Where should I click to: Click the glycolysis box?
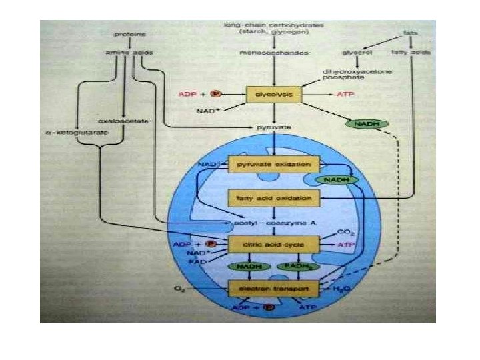pyautogui.click(x=274, y=95)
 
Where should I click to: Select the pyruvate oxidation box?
pyautogui.click(x=274, y=164)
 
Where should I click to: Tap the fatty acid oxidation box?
pyautogui.click(x=274, y=198)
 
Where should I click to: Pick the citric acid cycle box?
pyautogui.click(x=274, y=246)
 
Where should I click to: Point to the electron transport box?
pyautogui.click(x=274, y=288)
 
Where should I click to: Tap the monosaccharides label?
pyautogui.click(x=275, y=51)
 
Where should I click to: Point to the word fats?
pyautogui.click(x=411, y=33)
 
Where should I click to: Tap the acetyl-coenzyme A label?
pyautogui.click(x=273, y=223)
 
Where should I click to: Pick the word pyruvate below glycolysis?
pyautogui.click(x=273, y=126)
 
